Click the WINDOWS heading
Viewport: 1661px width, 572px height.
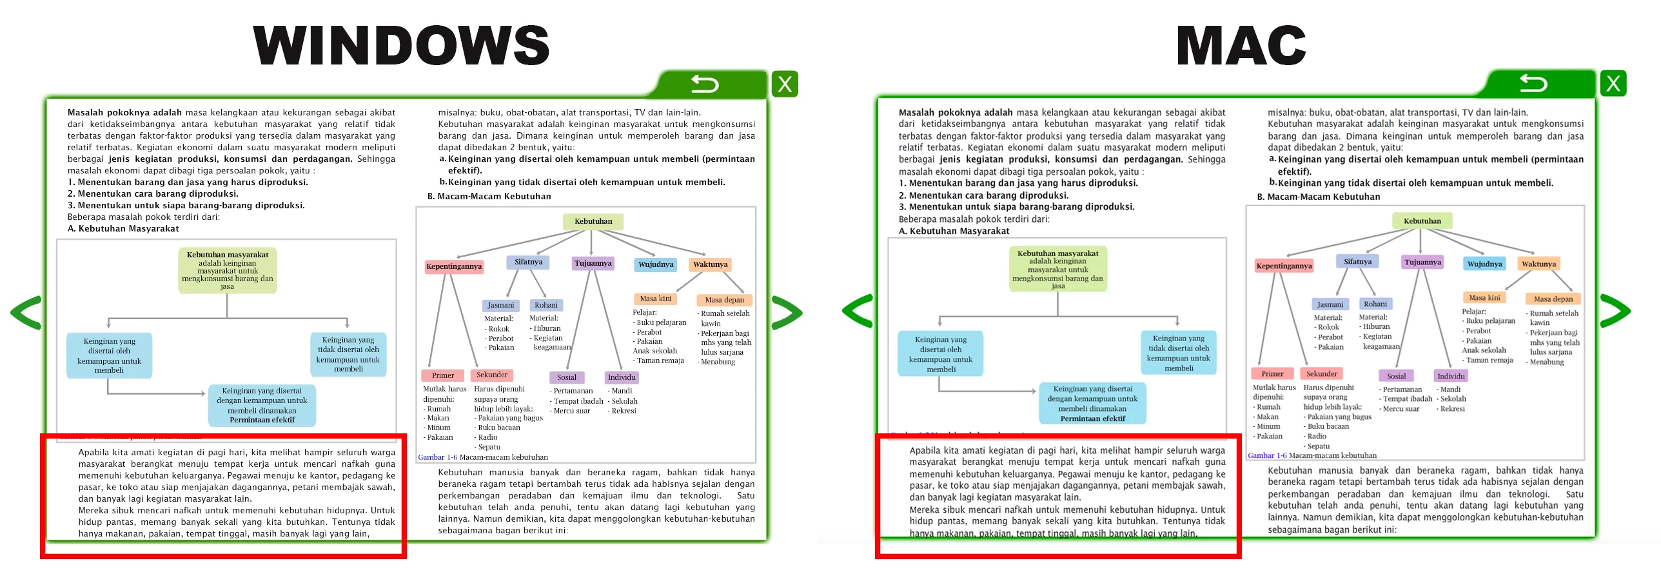(x=401, y=45)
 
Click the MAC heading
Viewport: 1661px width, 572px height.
(x=1241, y=45)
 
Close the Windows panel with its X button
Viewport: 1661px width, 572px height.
(x=785, y=84)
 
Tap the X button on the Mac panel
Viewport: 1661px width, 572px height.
(x=1613, y=84)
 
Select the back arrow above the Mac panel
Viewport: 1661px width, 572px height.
(x=1533, y=83)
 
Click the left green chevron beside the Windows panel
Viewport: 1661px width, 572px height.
(x=27, y=312)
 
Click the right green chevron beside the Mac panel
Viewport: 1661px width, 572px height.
(x=1615, y=311)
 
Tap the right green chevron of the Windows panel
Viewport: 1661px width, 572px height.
(x=786, y=312)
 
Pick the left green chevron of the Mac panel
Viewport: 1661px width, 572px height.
(x=858, y=311)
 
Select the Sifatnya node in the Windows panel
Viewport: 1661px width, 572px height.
(x=529, y=262)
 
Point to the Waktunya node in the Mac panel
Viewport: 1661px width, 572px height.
(x=1538, y=264)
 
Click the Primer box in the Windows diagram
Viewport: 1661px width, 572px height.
(x=443, y=375)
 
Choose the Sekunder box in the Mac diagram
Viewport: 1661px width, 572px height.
(x=1321, y=373)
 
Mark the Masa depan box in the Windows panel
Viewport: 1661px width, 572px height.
(x=724, y=300)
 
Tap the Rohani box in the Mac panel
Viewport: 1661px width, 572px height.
(x=1375, y=304)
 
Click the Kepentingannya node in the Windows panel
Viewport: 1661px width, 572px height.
(x=454, y=266)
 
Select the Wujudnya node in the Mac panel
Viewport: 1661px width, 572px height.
(x=1484, y=264)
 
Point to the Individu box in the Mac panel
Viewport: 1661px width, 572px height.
(x=1451, y=376)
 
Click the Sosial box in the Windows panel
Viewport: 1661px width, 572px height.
(x=567, y=377)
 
